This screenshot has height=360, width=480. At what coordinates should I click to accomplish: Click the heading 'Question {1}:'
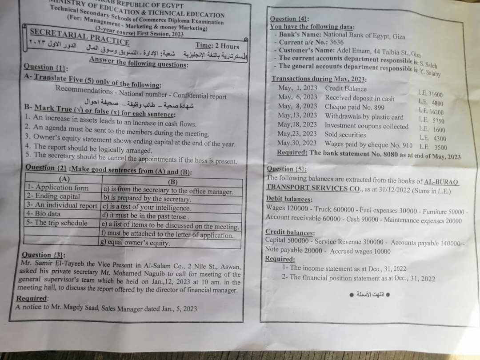click(45, 67)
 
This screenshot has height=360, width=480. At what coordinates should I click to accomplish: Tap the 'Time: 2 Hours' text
click(217, 46)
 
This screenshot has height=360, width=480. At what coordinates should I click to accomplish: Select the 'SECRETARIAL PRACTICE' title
click(79, 36)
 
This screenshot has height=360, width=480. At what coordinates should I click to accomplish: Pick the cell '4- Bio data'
click(44, 213)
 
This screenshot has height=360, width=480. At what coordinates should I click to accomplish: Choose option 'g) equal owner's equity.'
click(136, 243)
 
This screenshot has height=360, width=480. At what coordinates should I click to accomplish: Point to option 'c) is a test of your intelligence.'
click(147, 208)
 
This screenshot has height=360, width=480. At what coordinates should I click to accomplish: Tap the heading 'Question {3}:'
click(43, 255)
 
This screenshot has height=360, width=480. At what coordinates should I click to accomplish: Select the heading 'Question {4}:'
click(289, 19)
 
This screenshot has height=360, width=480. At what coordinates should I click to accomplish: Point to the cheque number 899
click(379, 108)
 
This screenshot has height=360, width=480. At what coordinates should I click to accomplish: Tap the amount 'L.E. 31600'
click(430, 94)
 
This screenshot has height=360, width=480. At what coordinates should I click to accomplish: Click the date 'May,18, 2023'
click(297, 125)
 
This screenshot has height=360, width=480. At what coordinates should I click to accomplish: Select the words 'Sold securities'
click(345, 134)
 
